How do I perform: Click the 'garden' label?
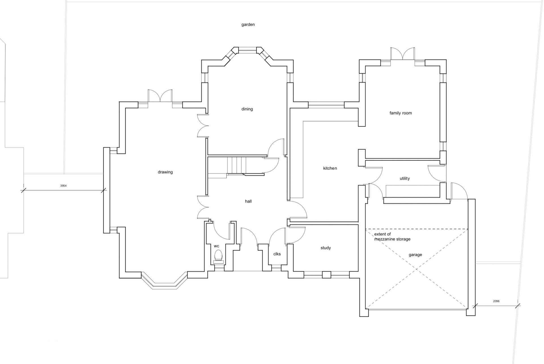click(x=248, y=25)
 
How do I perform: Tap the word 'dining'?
click(x=247, y=109)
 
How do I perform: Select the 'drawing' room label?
click(x=165, y=172)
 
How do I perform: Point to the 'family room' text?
click(x=401, y=113)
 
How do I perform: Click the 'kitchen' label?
click(x=330, y=168)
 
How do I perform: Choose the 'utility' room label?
click(x=405, y=178)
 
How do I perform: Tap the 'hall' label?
click(x=248, y=201)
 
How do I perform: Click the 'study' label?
click(x=326, y=248)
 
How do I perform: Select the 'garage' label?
click(x=415, y=255)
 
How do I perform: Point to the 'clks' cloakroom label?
click(x=277, y=254)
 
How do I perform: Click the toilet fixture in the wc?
click(x=218, y=256)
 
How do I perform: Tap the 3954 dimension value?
click(x=63, y=186)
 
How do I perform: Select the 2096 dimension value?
click(x=496, y=301)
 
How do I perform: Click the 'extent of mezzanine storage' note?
click(x=392, y=237)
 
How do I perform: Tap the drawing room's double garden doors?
click(x=160, y=96)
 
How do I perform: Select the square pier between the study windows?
click(x=327, y=275)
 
